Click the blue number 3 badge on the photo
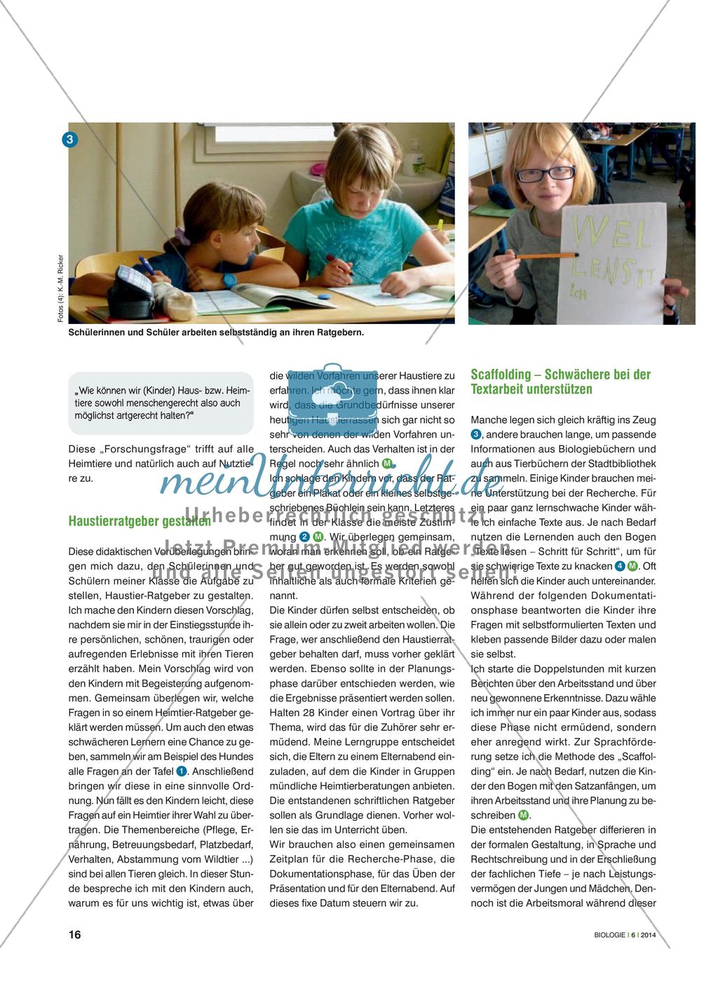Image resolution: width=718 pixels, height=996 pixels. [x=70, y=140]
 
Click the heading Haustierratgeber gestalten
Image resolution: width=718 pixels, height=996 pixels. [x=139, y=521]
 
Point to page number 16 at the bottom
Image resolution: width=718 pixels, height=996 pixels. [x=74, y=934]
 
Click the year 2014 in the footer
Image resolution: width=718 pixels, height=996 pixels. [x=648, y=935]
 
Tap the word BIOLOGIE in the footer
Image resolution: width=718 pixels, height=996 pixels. [x=607, y=935]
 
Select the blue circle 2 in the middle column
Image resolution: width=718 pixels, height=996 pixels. [x=304, y=537]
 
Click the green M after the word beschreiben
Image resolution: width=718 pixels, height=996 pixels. [x=523, y=815]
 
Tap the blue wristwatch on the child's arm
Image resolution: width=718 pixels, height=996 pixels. [x=230, y=279]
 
